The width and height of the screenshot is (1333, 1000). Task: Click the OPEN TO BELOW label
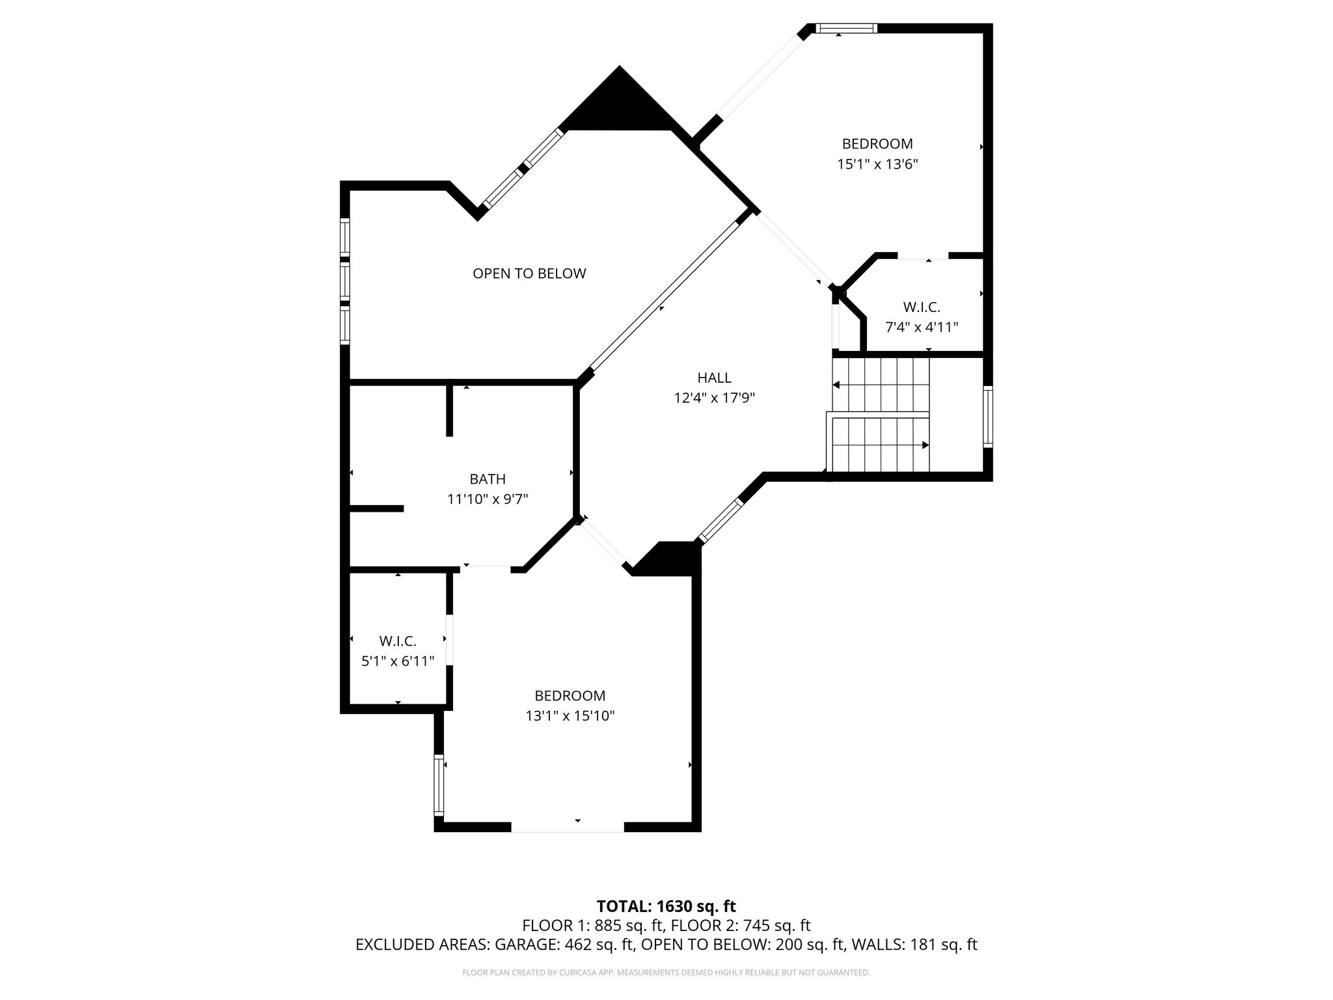529,273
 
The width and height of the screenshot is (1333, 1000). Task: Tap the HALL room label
714,378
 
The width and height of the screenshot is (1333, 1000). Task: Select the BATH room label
488,479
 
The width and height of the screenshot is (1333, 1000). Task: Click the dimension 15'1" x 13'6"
877,164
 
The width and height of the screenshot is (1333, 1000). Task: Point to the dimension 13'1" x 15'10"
570,716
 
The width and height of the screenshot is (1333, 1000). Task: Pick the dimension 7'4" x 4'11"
921,327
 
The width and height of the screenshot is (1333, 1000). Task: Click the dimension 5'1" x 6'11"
398,661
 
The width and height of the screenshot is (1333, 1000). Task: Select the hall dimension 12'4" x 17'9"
714,398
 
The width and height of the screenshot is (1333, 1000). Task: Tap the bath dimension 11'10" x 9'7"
488,499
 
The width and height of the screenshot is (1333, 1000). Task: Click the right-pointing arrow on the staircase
924,445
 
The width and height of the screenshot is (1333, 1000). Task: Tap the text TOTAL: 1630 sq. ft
666,906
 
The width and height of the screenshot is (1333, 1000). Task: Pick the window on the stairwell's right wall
987,417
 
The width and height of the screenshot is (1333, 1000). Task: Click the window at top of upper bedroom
845,28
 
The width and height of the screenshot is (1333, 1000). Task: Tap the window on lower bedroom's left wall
439,785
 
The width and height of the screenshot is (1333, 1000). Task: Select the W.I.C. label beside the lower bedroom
398,641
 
